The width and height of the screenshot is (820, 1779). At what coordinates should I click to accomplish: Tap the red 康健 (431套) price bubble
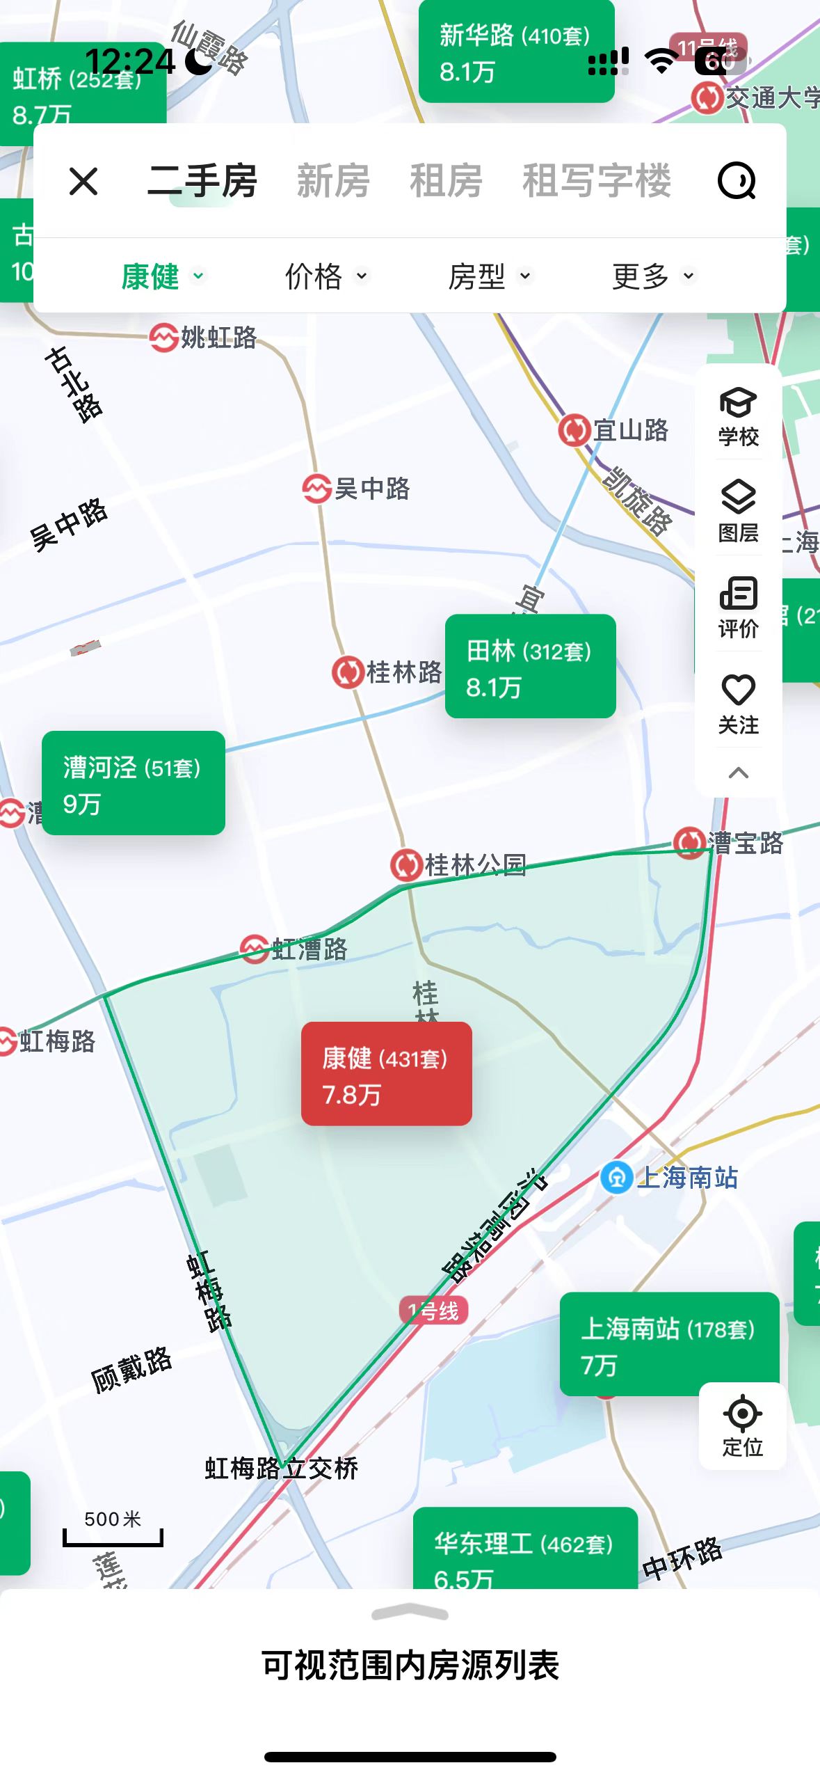[386, 1073]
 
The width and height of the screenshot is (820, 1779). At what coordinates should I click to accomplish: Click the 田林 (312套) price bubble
[530, 666]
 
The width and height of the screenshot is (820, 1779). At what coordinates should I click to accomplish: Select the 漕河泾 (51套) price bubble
[133, 783]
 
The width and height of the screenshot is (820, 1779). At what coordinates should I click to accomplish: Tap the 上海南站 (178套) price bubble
[668, 1344]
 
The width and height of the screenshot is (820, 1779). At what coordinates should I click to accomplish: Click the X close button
[83, 182]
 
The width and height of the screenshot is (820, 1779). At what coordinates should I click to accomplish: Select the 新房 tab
[333, 182]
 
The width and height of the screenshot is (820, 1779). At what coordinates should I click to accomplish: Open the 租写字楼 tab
[597, 182]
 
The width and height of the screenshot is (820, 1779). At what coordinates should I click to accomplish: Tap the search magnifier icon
[737, 182]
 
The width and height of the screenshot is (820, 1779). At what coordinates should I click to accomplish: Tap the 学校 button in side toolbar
[738, 416]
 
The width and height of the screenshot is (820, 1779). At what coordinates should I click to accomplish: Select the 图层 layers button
[738, 512]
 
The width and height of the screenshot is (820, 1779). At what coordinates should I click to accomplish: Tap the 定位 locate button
[742, 1425]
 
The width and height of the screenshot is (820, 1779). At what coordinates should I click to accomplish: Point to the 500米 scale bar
[113, 1528]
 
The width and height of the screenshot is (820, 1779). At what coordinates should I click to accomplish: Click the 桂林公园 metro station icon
[406, 865]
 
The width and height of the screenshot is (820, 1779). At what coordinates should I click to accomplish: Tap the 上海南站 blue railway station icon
[616, 1178]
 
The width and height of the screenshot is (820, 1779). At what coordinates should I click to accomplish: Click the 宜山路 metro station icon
[574, 430]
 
